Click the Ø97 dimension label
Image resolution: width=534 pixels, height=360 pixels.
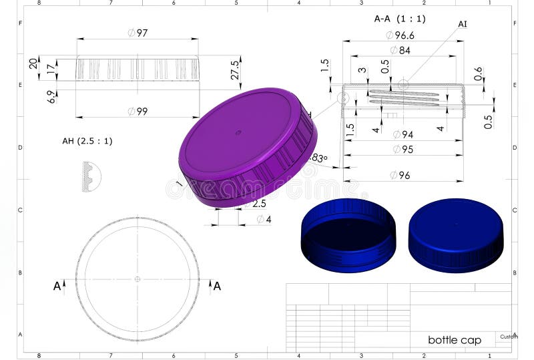(138, 33)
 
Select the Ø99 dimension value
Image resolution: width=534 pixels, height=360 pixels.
(138, 112)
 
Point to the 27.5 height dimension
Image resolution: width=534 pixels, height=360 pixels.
(235, 69)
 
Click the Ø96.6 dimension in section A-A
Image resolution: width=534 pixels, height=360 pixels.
(400, 35)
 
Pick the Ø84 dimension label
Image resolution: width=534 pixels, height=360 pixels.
(400, 50)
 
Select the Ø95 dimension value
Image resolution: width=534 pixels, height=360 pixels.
(403, 149)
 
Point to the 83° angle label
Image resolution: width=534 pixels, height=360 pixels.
(320, 158)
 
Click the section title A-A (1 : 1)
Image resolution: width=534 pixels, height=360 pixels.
(399, 19)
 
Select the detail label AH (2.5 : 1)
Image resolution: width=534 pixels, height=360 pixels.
(87, 141)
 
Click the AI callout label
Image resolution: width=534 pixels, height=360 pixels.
(463, 24)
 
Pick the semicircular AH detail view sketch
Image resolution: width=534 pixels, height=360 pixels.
(91, 177)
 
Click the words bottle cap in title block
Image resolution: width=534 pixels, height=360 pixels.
(454, 340)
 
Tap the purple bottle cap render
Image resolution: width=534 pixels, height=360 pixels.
(247, 147)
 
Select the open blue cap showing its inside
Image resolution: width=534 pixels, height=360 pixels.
(348, 235)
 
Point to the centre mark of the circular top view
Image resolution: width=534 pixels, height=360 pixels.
(138, 279)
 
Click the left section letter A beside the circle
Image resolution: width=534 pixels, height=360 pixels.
(57, 286)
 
